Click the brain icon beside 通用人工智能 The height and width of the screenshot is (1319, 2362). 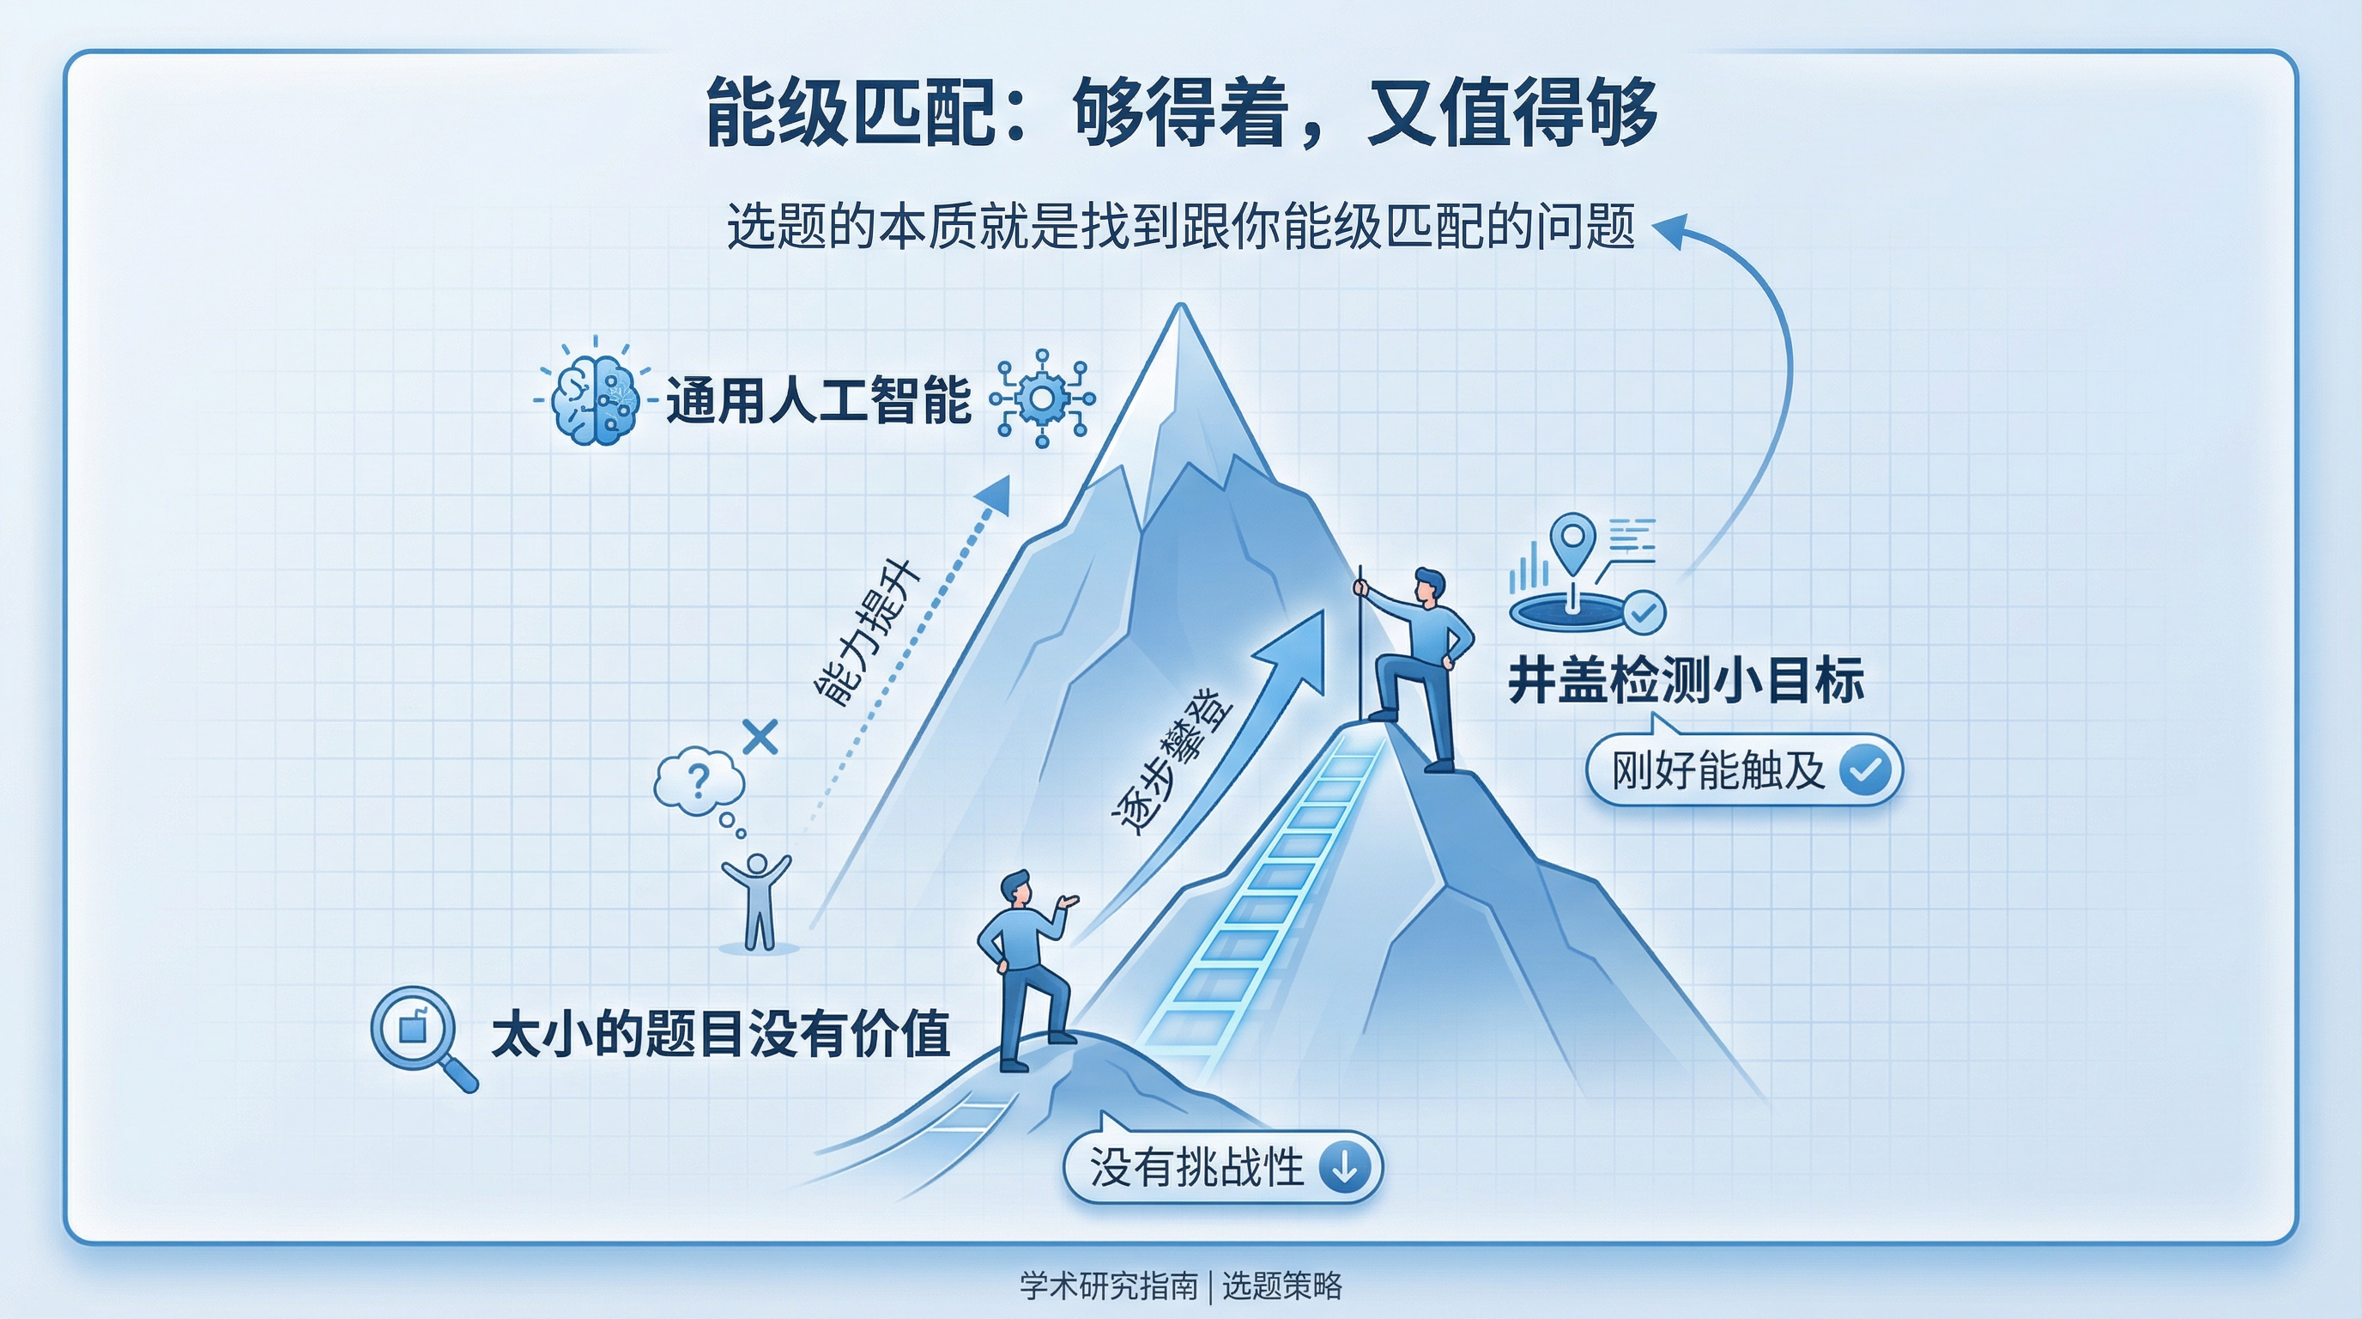pos(594,401)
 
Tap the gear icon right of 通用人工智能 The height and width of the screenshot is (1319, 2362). pos(1043,399)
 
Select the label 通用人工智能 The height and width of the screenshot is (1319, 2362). pos(818,401)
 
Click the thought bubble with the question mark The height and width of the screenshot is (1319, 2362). pos(699,781)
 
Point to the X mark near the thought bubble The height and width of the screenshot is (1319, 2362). pos(760,737)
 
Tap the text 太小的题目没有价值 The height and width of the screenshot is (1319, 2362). pos(721,1035)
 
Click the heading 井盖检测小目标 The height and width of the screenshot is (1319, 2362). pos(1686,681)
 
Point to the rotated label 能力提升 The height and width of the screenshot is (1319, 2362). pos(867,632)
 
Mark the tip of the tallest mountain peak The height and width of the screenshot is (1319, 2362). pos(1180,308)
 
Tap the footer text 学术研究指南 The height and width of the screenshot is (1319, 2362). pos(1109,1286)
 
